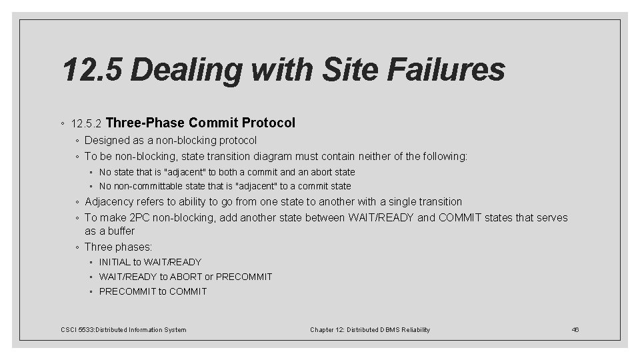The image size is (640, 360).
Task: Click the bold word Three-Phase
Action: (x=145, y=123)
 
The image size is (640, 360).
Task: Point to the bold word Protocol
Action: (x=269, y=123)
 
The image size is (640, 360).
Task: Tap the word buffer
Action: (x=119, y=231)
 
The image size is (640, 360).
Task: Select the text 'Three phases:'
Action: (x=118, y=247)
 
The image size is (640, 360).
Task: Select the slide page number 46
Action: (x=576, y=330)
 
